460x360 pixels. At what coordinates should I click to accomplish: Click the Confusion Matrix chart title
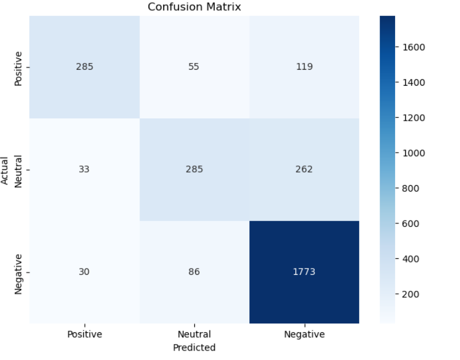[x=194, y=7]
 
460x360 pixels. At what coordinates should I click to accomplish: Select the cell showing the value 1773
[x=304, y=272]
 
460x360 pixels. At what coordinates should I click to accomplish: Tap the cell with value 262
[x=304, y=170]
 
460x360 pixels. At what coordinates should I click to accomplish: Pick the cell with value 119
[x=304, y=67]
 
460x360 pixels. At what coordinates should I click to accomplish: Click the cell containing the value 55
[x=194, y=67]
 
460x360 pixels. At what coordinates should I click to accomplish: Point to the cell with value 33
[x=84, y=170]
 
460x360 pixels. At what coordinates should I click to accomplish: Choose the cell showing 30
[x=84, y=272]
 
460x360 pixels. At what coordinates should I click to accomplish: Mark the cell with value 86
[x=194, y=272]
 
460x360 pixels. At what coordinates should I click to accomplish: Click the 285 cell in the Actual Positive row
[x=84, y=67]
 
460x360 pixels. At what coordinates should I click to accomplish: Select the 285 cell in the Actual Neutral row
[x=194, y=170]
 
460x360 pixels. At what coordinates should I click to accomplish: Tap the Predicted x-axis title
[x=194, y=348]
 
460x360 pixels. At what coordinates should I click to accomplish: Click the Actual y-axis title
[x=5, y=170]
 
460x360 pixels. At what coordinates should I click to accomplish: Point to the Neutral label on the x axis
[x=194, y=335]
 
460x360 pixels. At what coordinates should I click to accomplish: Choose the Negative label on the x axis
[x=304, y=335]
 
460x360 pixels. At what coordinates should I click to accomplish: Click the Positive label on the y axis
[x=18, y=68]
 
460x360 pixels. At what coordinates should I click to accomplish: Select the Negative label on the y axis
[x=18, y=273]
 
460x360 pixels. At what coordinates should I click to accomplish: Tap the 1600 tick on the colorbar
[x=414, y=47]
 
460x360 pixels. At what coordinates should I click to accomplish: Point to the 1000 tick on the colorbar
[x=414, y=153]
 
